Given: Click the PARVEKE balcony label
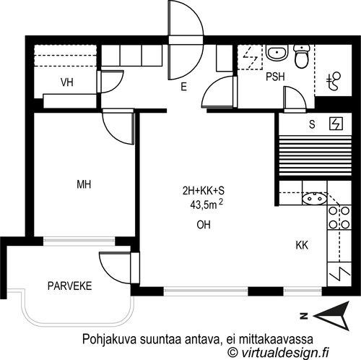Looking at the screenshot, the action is (x=70, y=286).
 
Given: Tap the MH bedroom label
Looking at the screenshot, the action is (x=84, y=184).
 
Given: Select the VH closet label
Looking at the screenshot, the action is (x=67, y=82).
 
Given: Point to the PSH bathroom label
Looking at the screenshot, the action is (x=275, y=77).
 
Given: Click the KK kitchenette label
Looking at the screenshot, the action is (x=302, y=245).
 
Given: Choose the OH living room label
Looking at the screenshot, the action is (x=204, y=225).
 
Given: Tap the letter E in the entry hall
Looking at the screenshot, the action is (x=184, y=87).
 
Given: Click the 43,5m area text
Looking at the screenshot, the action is (x=206, y=205).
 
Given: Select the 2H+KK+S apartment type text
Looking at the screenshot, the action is (x=204, y=191).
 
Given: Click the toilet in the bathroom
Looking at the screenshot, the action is (x=301, y=56).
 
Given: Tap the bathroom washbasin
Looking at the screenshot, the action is (x=277, y=52).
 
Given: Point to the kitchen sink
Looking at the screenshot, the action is (x=315, y=199).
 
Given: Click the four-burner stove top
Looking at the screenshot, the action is (x=339, y=218).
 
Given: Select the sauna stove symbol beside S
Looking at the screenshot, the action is (x=336, y=124).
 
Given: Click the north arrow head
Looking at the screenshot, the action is (x=331, y=316).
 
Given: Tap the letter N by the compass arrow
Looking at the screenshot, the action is (x=304, y=316).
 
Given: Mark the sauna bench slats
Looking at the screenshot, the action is (x=315, y=156).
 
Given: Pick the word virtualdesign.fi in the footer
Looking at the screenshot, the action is (x=285, y=353).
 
